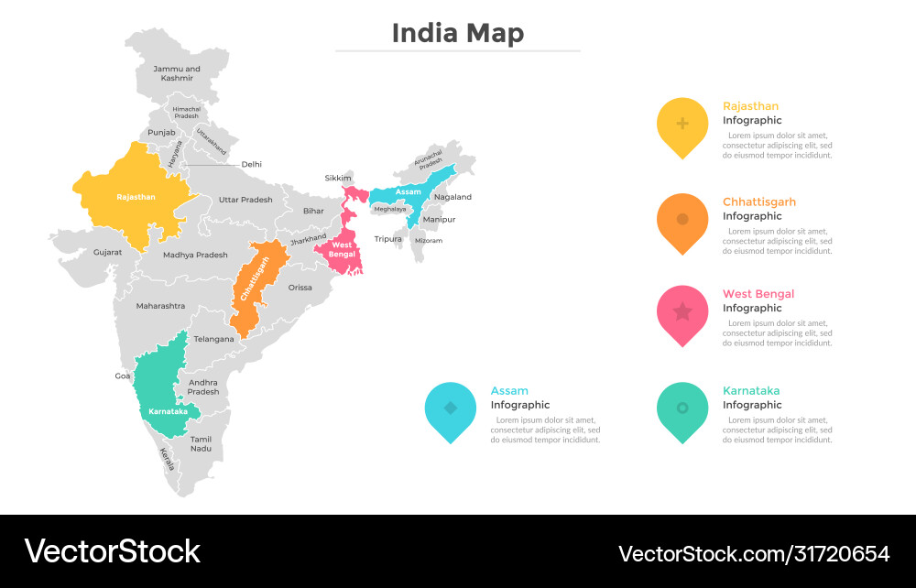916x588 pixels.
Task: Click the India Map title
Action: click(x=458, y=33)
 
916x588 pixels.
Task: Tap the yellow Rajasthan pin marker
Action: click(x=682, y=125)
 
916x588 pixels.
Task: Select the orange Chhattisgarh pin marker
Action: click(x=682, y=222)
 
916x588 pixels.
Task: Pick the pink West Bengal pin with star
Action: click(x=682, y=314)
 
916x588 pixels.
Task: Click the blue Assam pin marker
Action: click(x=451, y=410)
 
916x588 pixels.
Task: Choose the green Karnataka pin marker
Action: click(x=682, y=410)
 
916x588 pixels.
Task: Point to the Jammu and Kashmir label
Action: click(x=177, y=73)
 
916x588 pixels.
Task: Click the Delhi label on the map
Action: click(x=252, y=165)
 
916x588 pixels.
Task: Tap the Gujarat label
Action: click(x=107, y=252)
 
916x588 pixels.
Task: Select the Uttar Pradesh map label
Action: click(x=245, y=200)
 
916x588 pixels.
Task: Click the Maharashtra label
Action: click(x=160, y=306)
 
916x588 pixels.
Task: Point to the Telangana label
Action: click(x=213, y=339)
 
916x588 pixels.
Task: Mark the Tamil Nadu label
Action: click(x=201, y=444)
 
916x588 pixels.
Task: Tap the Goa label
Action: click(x=123, y=376)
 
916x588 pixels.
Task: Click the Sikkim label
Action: click(x=338, y=178)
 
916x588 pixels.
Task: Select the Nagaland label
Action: click(x=453, y=197)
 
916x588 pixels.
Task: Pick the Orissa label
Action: click(x=300, y=288)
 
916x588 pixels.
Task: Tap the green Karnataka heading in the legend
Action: click(x=751, y=391)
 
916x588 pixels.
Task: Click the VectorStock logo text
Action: click(x=112, y=551)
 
